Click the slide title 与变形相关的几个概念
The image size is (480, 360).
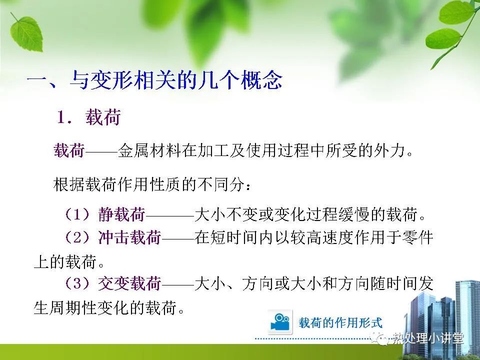[x=176, y=80]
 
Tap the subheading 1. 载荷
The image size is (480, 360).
[x=89, y=117]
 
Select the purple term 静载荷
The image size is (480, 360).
[x=121, y=214]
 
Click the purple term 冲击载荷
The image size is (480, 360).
[x=129, y=237]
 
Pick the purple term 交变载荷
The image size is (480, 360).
[x=129, y=283]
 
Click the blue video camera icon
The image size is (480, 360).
[x=280, y=322]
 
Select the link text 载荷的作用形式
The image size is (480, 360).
[x=340, y=323]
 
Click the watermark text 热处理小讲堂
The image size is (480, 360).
[x=428, y=338]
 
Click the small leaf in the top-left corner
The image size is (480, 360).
[x=26, y=33]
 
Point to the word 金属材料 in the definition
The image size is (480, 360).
[x=149, y=150]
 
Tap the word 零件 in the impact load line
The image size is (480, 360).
[x=417, y=237]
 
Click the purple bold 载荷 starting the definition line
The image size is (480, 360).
[x=69, y=150]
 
